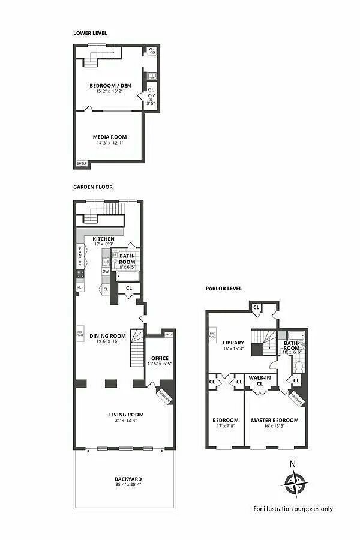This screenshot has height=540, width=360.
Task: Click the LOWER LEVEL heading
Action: coord(90,33)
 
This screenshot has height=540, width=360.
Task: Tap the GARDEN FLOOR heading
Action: coord(92,187)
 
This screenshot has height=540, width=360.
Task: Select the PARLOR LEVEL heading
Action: coord(223,289)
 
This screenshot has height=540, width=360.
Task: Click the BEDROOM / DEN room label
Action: coord(110,86)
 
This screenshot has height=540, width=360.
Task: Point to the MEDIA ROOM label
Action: coord(109,137)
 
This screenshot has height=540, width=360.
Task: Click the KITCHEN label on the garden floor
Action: coord(103,239)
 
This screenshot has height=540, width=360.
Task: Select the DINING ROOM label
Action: coord(107,336)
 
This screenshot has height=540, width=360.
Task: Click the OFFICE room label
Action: coord(160,359)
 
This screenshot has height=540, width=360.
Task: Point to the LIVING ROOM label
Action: coord(126,414)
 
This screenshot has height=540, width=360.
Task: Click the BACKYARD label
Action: coord(128,478)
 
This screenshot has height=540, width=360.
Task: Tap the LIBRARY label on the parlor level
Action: coord(233,343)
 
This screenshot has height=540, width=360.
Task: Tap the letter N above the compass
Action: coord(293,463)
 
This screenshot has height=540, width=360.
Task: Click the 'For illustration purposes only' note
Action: coord(293,509)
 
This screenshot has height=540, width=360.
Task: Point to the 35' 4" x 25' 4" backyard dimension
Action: coord(128,485)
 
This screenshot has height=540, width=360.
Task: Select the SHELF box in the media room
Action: coord(81,163)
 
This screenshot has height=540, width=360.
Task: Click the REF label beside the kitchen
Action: coord(80,287)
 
